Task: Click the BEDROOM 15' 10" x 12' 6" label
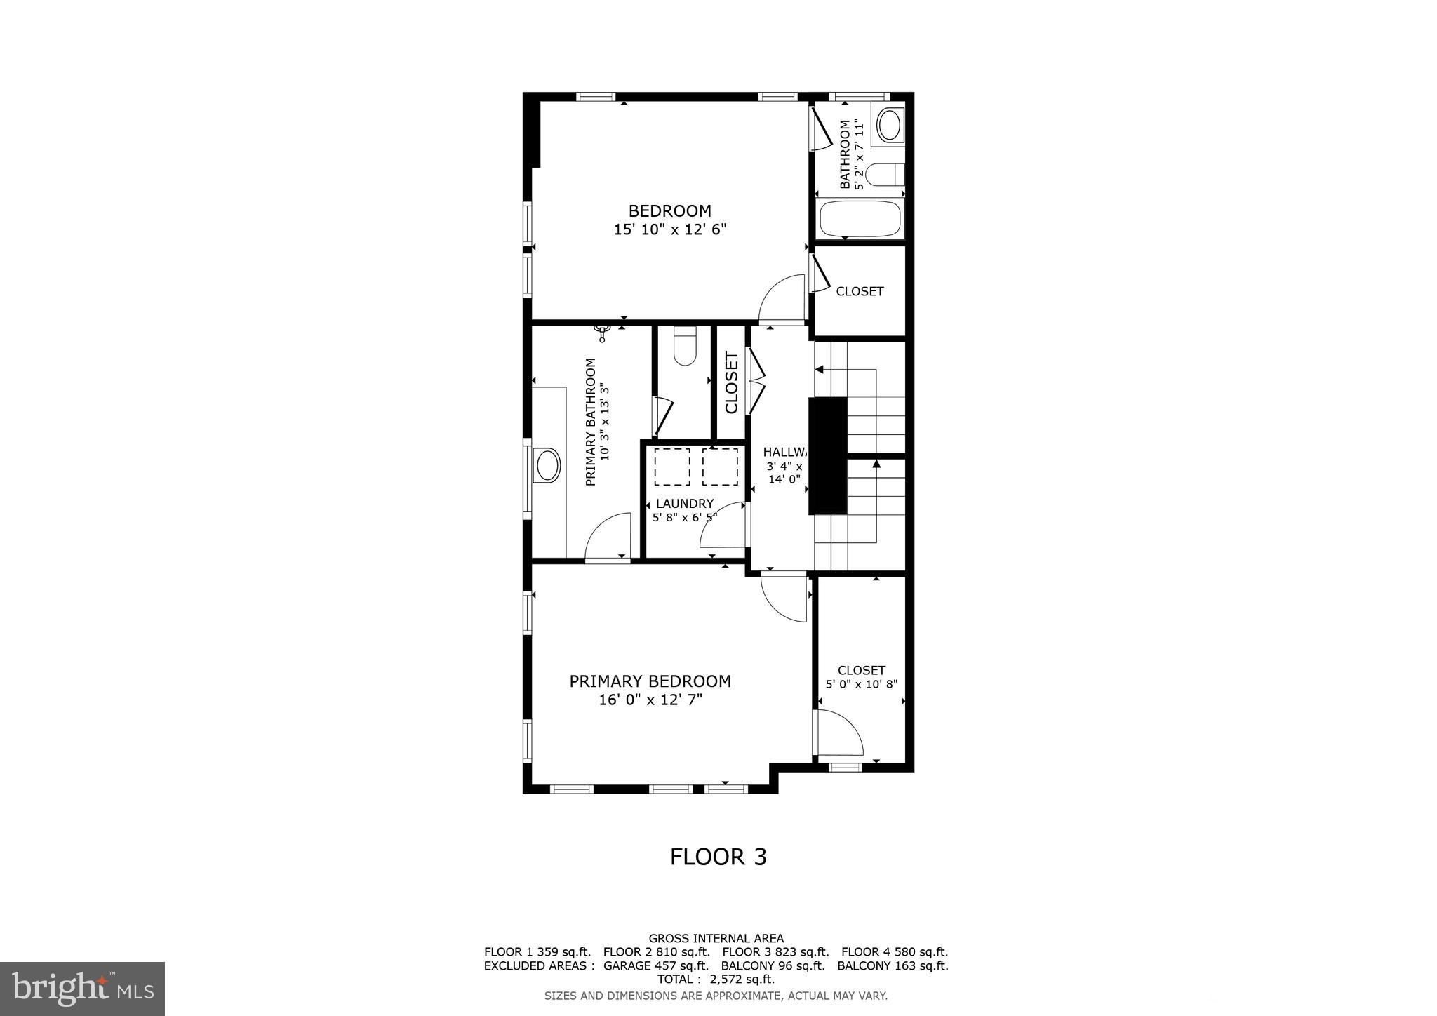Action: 669,220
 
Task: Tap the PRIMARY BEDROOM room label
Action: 650,690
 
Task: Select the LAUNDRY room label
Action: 684,504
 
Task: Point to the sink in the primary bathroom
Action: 547,465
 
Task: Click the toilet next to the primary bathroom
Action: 684,347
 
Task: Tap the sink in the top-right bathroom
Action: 889,126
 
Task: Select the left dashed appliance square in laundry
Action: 671,467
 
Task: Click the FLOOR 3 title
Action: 718,857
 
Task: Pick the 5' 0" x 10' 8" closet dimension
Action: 861,684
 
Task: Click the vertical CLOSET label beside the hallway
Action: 731,383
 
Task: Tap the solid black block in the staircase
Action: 828,456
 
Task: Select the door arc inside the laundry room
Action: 723,526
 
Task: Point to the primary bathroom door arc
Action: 608,537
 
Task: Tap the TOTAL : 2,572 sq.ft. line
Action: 716,979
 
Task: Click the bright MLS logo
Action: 82,989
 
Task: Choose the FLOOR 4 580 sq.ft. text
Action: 894,952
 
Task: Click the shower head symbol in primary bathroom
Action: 603,332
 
